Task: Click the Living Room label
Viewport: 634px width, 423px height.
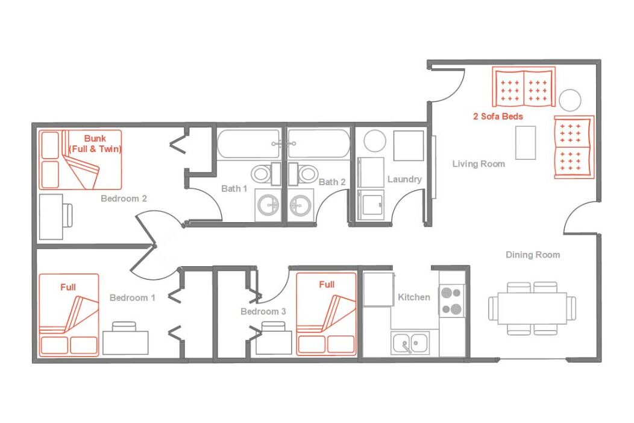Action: [479, 164]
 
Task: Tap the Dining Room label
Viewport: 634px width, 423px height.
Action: [533, 255]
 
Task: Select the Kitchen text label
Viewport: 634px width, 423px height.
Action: [413, 297]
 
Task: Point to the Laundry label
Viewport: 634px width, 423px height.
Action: [404, 179]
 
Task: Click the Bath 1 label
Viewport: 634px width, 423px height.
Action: [234, 189]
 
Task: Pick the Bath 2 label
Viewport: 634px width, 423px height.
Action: [332, 182]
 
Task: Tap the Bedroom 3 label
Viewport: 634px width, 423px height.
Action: [263, 311]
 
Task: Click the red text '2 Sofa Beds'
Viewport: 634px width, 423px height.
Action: [498, 116]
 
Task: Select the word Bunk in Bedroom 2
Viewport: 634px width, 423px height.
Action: [95, 138]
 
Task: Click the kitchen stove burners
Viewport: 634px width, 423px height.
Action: [451, 301]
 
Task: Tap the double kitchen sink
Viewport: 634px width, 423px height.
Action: [410, 343]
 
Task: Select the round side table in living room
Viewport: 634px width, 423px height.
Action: [570, 100]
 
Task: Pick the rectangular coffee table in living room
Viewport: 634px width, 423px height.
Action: [526, 142]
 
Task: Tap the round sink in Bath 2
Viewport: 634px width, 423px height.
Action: [300, 205]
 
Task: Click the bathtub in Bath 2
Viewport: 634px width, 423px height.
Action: [319, 143]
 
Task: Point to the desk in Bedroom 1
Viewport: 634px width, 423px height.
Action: [126, 343]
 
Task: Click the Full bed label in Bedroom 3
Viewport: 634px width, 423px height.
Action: [327, 285]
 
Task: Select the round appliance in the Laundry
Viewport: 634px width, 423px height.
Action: [375, 141]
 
